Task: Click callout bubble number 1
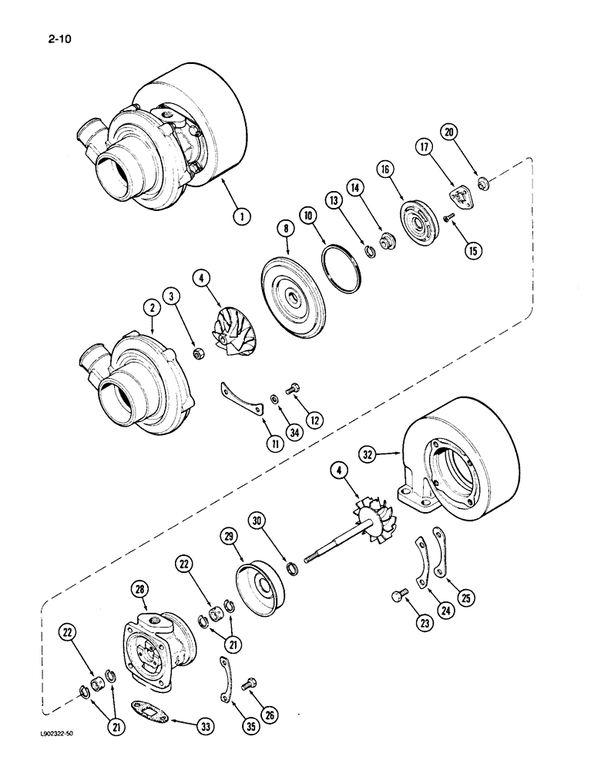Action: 242,217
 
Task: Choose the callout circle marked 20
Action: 451,132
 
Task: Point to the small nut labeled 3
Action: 196,354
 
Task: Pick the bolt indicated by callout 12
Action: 293,391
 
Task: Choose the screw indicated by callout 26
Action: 247,682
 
